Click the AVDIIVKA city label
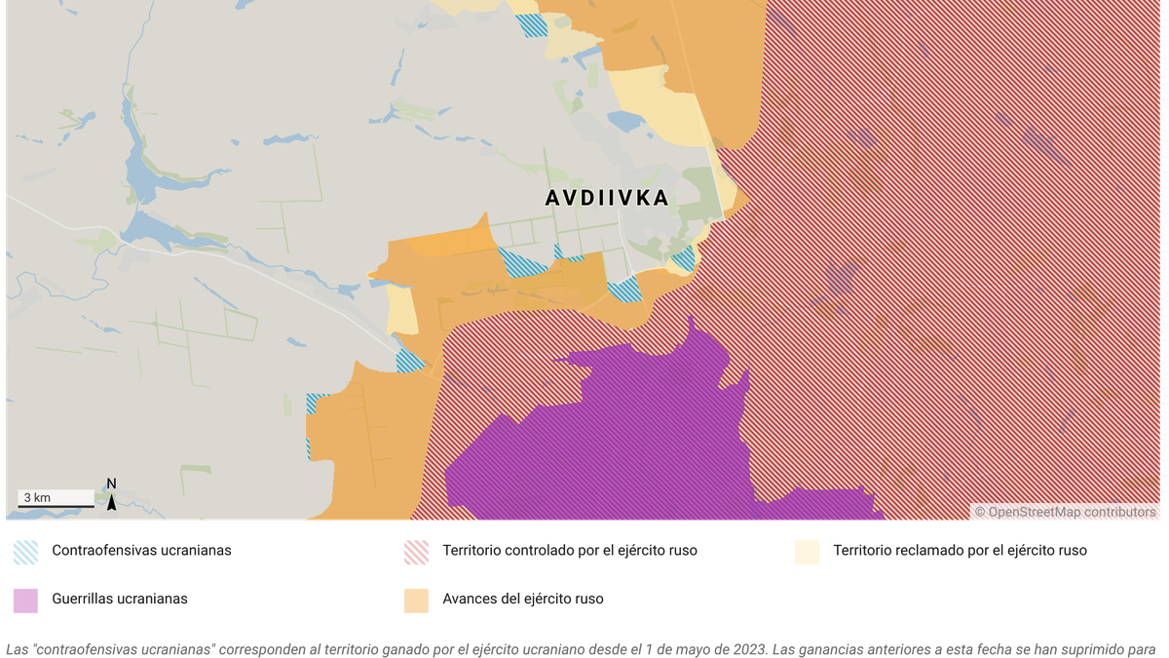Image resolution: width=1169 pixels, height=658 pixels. pyautogui.click(x=607, y=198)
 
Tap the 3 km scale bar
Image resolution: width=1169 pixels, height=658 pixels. pyautogui.click(x=57, y=500)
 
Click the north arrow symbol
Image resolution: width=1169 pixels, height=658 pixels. pyautogui.click(x=111, y=502)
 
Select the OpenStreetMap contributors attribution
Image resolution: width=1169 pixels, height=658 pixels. pyautogui.click(x=1066, y=512)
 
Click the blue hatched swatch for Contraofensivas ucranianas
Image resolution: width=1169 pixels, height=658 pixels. pyautogui.click(x=26, y=552)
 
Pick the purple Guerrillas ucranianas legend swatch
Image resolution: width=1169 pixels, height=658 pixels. pyautogui.click(x=26, y=600)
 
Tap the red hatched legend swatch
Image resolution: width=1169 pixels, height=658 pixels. pyautogui.click(x=416, y=552)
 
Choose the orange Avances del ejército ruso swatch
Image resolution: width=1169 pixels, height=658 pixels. pyautogui.click(x=416, y=600)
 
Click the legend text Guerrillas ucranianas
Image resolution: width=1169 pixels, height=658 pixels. pyautogui.click(x=120, y=600)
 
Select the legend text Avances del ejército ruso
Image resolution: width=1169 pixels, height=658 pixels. pyautogui.click(x=522, y=600)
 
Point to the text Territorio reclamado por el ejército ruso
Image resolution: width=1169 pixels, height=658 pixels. pyautogui.click(x=960, y=551)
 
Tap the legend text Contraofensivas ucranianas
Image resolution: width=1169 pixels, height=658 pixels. pyautogui.click(x=141, y=551)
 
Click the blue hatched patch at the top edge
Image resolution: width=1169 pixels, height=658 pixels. pyautogui.click(x=532, y=24)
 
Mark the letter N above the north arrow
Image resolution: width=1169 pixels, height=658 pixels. pyautogui.click(x=111, y=484)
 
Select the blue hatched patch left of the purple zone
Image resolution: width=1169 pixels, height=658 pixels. pyautogui.click(x=410, y=361)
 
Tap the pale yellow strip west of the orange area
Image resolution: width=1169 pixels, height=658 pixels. pyautogui.click(x=400, y=310)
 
